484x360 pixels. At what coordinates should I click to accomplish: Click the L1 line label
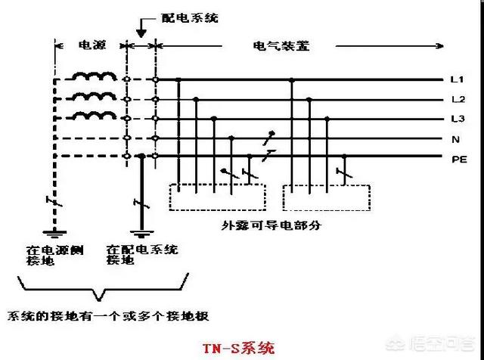(x=457, y=79)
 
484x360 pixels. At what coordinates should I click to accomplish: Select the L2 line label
(x=458, y=99)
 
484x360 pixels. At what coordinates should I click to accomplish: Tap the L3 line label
(x=458, y=119)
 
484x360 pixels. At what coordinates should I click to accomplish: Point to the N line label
(x=455, y=140)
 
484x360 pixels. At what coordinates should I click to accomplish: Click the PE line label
(x=459, y=160)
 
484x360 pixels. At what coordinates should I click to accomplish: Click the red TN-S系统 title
(x=238, y=348)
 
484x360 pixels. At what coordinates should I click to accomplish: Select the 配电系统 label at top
(x=190, y=18)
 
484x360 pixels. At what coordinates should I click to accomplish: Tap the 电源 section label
(x=92, y=45)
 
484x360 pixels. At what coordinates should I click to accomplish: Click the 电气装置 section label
(x=281, y=46)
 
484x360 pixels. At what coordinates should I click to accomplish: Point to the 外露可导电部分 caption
(x=271, y=225)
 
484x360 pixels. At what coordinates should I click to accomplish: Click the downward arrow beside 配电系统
(x=141, y=28)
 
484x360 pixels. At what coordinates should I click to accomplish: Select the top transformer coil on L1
(x=94, y=76)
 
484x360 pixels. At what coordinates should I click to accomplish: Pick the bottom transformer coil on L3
(x=94, y=116)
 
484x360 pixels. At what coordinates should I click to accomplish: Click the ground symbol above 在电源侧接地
(x=54, y=234)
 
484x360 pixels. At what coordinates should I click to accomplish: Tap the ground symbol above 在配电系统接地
(x=141, y=234)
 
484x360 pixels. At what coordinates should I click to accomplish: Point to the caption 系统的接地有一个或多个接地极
(x=108, y=316)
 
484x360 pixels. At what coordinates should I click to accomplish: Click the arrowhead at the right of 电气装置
(x=440, y=46)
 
